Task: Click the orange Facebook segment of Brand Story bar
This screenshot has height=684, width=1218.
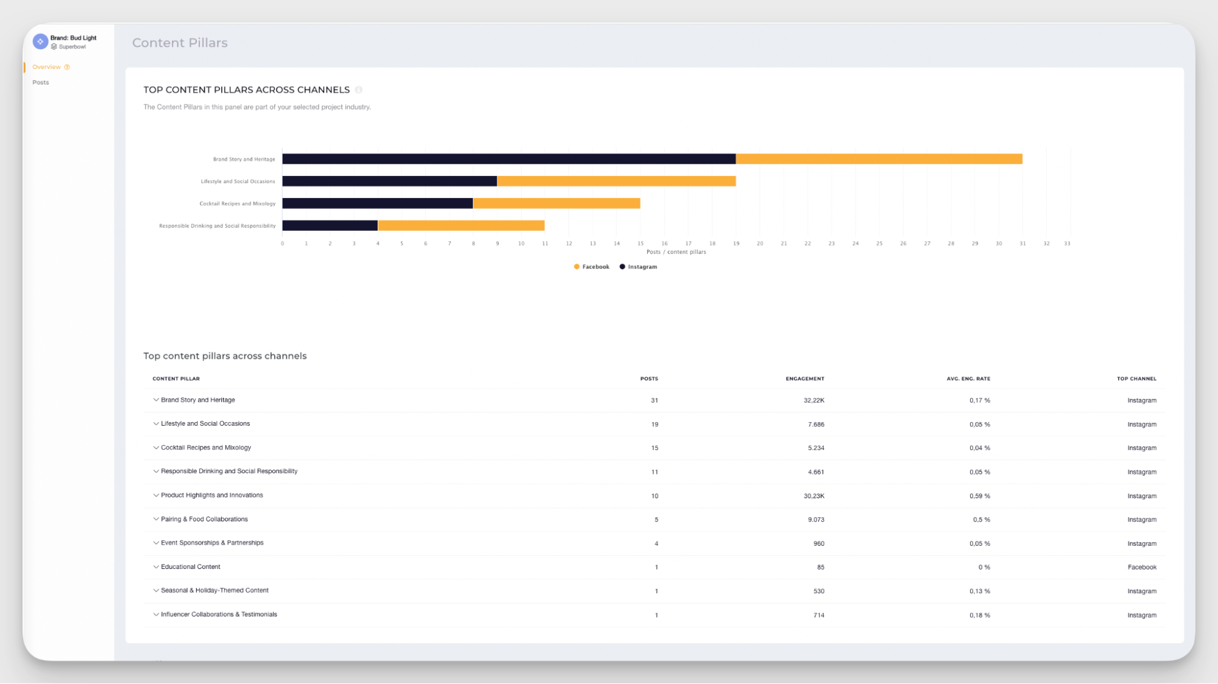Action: [x=879, y=159]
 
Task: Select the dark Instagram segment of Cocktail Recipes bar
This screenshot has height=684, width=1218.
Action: [x=378, y=203]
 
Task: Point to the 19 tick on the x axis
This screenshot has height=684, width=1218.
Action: [x=736, y=243]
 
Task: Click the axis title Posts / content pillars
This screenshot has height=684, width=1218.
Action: [x=676, y=252]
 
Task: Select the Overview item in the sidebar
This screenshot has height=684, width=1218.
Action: [x=47, y=67]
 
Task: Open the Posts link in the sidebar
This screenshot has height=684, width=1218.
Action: [x=41, y=82]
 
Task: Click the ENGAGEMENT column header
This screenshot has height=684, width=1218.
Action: [x=804, y=379]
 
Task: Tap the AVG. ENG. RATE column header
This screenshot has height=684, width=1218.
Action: [x=968, y=379]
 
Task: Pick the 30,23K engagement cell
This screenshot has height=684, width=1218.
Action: [x=813, y=496]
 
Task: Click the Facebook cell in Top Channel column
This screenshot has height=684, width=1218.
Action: [x=1141, y=567]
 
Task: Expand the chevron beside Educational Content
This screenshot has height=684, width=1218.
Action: [x=156, y=567]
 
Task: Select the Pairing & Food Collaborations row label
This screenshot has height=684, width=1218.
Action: [x=204, y=520]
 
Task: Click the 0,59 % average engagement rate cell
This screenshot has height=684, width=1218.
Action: [x=979, y=496]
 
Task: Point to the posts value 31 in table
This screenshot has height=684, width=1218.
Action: [x=654, y=400]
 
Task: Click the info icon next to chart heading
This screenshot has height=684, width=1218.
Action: [x=359, y=90]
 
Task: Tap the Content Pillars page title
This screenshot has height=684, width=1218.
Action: [x=180, y=43]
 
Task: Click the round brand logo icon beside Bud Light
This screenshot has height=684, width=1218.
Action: [x=40, y=41]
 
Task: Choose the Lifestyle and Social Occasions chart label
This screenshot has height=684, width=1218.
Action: [x=238, y=182]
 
